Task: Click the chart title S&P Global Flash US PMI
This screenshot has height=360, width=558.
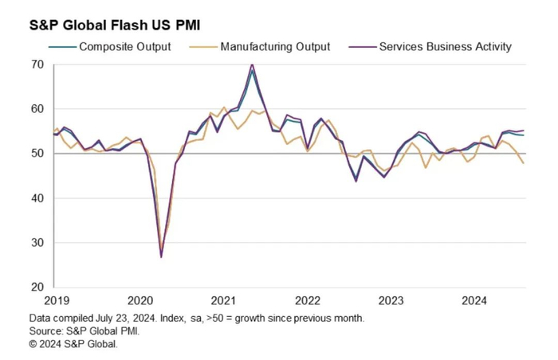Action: tap(115, 23)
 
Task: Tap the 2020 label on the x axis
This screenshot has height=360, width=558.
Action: tap(139, 301)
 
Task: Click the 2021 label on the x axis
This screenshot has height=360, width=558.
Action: tap(223, 301)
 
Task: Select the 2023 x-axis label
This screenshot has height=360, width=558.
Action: tap(391, 301)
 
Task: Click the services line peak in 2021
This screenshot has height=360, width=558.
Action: tap(252, 65)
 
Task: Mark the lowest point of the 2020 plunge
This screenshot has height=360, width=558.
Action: tap(161, 256)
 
